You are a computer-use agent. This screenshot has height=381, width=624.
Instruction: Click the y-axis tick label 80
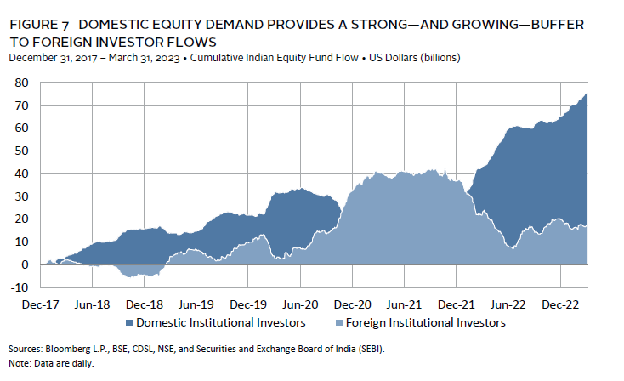point(22,82)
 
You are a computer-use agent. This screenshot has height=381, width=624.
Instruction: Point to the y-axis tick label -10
point(19,287)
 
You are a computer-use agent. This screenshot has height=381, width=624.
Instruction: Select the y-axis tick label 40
point(22,173)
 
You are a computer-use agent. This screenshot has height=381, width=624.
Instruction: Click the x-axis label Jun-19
point(196,304)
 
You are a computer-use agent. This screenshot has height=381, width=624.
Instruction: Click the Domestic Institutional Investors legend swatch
point(129,323)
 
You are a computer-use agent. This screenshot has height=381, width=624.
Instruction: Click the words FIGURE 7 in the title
point(41,26)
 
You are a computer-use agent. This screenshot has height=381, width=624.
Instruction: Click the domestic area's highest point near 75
point(587,95)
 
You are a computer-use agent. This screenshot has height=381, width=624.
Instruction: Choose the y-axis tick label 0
point(26,264)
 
